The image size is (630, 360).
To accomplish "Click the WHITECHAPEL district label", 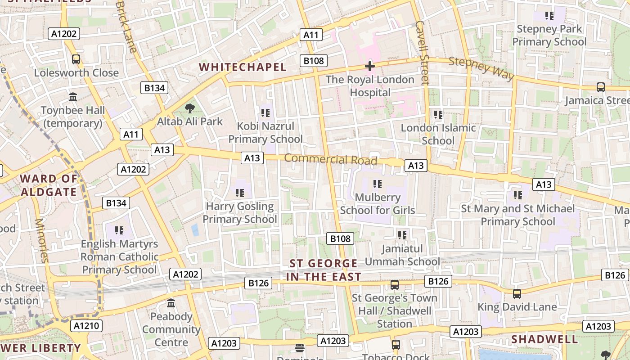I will click(243, 67).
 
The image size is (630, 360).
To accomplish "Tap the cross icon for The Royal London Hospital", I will click(370, 67).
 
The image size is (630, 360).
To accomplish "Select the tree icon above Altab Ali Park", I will click(190, 108).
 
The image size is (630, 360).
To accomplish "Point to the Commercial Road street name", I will click(330, 159).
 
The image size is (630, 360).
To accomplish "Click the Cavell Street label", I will click(422, 53).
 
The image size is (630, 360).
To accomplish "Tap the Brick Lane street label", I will click(126, 27).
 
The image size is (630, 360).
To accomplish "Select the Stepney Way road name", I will click(481, 68).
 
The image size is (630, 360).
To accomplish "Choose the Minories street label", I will click(41, 240).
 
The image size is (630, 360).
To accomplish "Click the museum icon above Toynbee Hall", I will click(73, 97).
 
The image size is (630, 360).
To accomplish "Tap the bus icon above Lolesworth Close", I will click(76, 59).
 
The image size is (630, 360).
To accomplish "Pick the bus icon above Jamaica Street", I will click(600, 87).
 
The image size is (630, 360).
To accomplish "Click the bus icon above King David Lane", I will click(517, 294).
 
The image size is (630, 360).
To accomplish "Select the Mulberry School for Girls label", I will click(378, 204).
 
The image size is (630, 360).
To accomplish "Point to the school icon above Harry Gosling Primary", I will click(240, 193).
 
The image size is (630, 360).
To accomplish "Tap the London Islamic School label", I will click(438, 134).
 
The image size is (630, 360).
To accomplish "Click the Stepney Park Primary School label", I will click(549, 36).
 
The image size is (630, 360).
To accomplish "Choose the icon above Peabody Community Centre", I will click(171, 303).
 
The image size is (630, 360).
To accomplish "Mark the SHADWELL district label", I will click(544, 339).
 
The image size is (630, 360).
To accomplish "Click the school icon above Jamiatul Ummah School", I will click(402, 235).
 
